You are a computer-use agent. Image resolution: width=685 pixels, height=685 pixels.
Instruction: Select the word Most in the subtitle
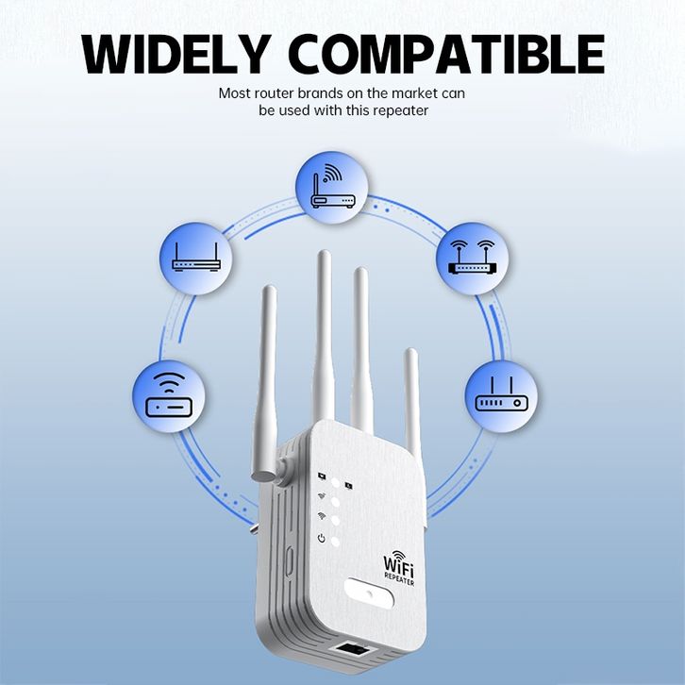pos(235,93)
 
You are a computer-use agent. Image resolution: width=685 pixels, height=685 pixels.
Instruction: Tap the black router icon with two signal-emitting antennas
pos(472,258)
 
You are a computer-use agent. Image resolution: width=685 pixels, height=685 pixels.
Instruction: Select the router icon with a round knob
pos(501,395)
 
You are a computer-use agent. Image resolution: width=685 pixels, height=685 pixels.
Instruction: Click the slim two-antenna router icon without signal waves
pos(196,258)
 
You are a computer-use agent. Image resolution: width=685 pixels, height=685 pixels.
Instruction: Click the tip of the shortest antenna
pos(410,353)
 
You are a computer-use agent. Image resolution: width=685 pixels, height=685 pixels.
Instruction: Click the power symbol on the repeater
pos(322,539)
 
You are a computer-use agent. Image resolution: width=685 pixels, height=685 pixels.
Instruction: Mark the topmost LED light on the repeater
pos(335,480)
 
